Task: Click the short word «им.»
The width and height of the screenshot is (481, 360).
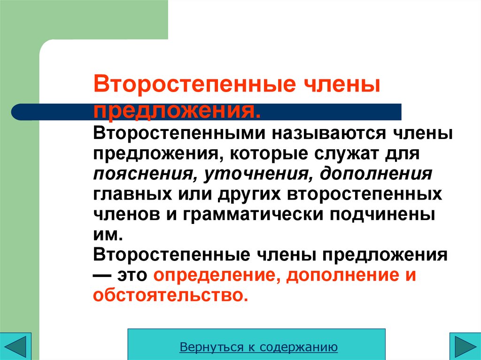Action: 106,234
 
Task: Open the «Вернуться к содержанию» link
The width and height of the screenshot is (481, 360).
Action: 259,347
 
